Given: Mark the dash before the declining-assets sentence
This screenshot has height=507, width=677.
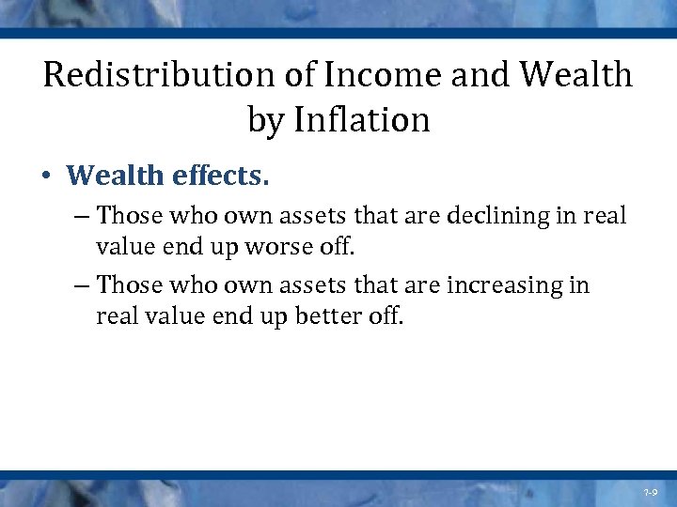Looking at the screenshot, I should point(80,217).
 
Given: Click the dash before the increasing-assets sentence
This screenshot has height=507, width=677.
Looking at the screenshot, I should point(80,285).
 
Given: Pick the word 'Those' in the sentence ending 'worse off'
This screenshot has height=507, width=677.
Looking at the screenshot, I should point(130,216).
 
